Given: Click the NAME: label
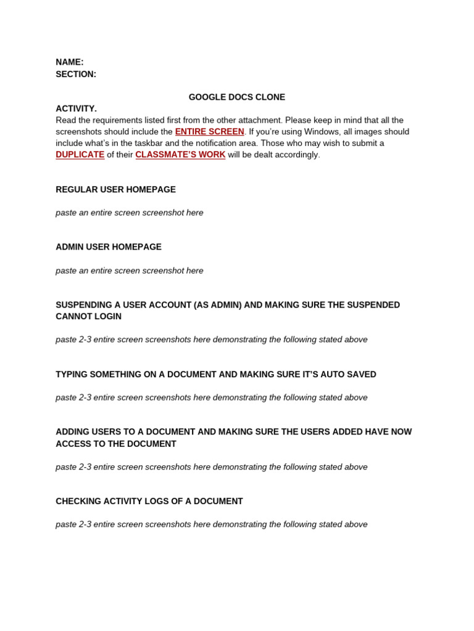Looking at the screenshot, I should pyautogui.click(x=70, y=62).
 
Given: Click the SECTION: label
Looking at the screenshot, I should pyautogui.click(x=76, y=74).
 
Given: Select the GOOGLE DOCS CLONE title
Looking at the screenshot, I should pyautogui.click(x=237, y=97).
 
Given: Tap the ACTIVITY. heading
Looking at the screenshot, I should pyautogui.click(x=76, y=108).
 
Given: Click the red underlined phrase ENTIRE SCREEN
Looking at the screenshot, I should pyautogui.click(x=210, y=132).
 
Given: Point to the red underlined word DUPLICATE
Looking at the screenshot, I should pyautogui.click(x=80, y=155).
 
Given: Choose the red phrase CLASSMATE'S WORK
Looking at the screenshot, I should pyautogui.click(x=180, y=155).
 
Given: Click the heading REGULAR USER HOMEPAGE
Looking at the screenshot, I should pyautogui.click(x=116, y=190).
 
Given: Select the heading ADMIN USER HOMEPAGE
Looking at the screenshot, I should pyautogui.click(x=109, y=247).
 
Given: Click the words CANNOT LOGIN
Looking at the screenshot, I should pyautogui.click(x=89, y=316).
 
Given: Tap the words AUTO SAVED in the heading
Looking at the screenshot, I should pyautogui.click(x=349, y=374).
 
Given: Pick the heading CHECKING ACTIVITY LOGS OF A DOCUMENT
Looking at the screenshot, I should pyautogui.click(x=149, y=501).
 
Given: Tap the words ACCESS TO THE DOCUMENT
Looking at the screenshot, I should pyautogui.click(x=116, y=444).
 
